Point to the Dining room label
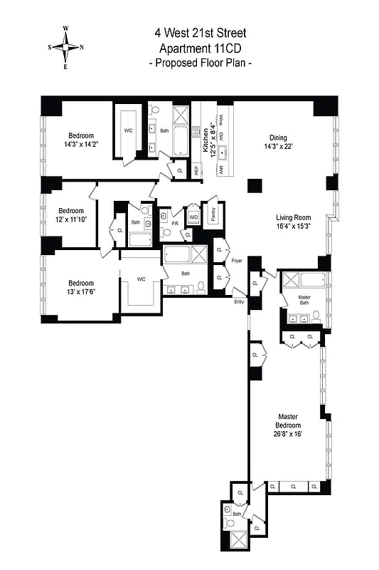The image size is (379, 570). pos(278,138)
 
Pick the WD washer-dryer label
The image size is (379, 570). pos(193,217)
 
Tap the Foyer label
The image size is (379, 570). pos(237,261)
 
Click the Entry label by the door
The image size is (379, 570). pos(239,302)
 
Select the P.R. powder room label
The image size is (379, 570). pos(174,224)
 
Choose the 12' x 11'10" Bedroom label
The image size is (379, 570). pos(71,215)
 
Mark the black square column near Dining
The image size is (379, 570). pos(252,185)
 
